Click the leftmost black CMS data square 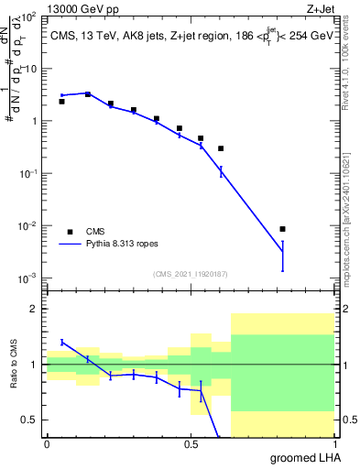coord(61,102)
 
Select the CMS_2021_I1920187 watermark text coord(190,273)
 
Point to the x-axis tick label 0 coord(47,444)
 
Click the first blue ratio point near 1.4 coord(61,342)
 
